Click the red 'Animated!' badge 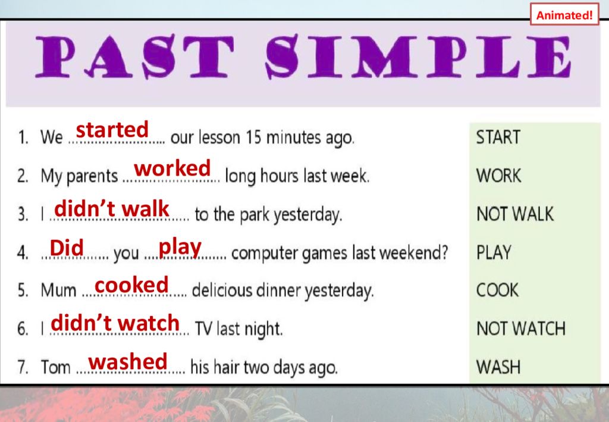click(x=564, y=15)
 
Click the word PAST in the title click(x=135, y=56)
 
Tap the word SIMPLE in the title click(x=419, y=56)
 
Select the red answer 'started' click(x=112, y=129)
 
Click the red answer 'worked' click(x=172, y=168)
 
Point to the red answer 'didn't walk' click(x=111, y=209)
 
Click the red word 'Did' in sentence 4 click(x=67, y=248)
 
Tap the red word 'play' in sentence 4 click(x=180, y=248)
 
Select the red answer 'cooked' click(x=131, y=285)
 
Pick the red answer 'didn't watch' click(x=115, y=323)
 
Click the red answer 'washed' click(x=128, y=361)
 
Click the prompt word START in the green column click(x=498, y=137)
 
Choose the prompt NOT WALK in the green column click(x=515, y=214)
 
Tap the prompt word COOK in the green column click(x=497, y=290)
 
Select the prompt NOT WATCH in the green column click(x=521, y=329)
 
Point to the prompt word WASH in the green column click(x=498, y=367)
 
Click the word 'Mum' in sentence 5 click(x=58, y=290)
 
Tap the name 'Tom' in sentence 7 click(x=55, y=367)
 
